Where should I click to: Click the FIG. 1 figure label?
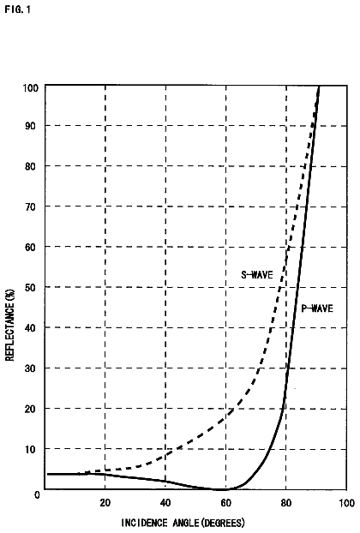point(18,9)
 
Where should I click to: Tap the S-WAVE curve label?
point(257,274)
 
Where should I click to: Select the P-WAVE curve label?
point(317,308)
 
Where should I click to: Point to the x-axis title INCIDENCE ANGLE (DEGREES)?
point(183,523)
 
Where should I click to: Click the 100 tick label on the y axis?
point(31,88)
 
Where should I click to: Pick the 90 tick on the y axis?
point(30,126)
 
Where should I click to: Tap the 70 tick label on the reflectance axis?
point(30,207)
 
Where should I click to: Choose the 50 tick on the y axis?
point(30,288)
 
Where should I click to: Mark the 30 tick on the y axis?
point(30,368)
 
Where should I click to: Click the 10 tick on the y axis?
point(30,449)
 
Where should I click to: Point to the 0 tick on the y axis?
point(37,494)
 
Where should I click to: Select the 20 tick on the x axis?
point(105,502)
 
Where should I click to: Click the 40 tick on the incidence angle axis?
point(165,502)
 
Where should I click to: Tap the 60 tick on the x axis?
point(225,502)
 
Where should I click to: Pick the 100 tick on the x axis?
point(347,502)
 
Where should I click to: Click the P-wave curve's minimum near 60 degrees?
point(221,489)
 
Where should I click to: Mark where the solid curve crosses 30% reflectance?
point(288,368)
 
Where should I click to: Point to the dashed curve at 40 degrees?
point(165,455)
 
